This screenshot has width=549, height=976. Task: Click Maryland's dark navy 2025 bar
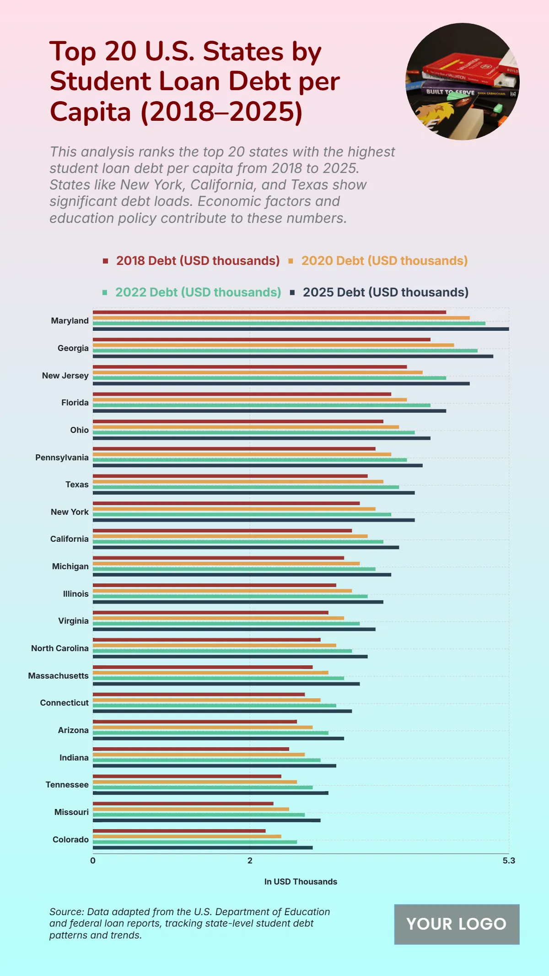pyautogui.click(x=301, y=329)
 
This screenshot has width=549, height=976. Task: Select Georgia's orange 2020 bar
pyautogui.click(x=273, y=345)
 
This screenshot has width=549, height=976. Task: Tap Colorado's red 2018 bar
pyautogui.click(x=179, y=831)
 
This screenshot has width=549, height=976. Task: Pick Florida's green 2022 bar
pyautogui.click(x=261, y=405)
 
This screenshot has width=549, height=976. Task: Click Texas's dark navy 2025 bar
pyautogui.click(x=253, y=493)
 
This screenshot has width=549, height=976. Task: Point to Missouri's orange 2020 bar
pyautogui.click(x=191, y=809)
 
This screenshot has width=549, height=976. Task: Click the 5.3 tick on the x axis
pyautogui.click(x=509, y=861)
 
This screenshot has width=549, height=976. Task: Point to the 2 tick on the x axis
pyautogui.click(x=250, y=861)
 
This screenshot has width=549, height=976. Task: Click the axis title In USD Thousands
pyautogui.click(x=301, y=882)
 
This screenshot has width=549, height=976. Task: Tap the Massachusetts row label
pyautogui.click(x=58, y=676)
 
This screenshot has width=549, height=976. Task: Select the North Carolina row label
pyautogui.click(x=59, y=648)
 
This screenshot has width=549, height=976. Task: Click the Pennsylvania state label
pyautogui.click(x=62, y=458)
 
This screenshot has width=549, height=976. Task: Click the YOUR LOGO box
pyautogui.click(x=457, y=924)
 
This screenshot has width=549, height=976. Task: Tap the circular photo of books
pyautogui.click(x=463, y=81)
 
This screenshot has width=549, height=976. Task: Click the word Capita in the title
pyautogui.click(x=90, y=112)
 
